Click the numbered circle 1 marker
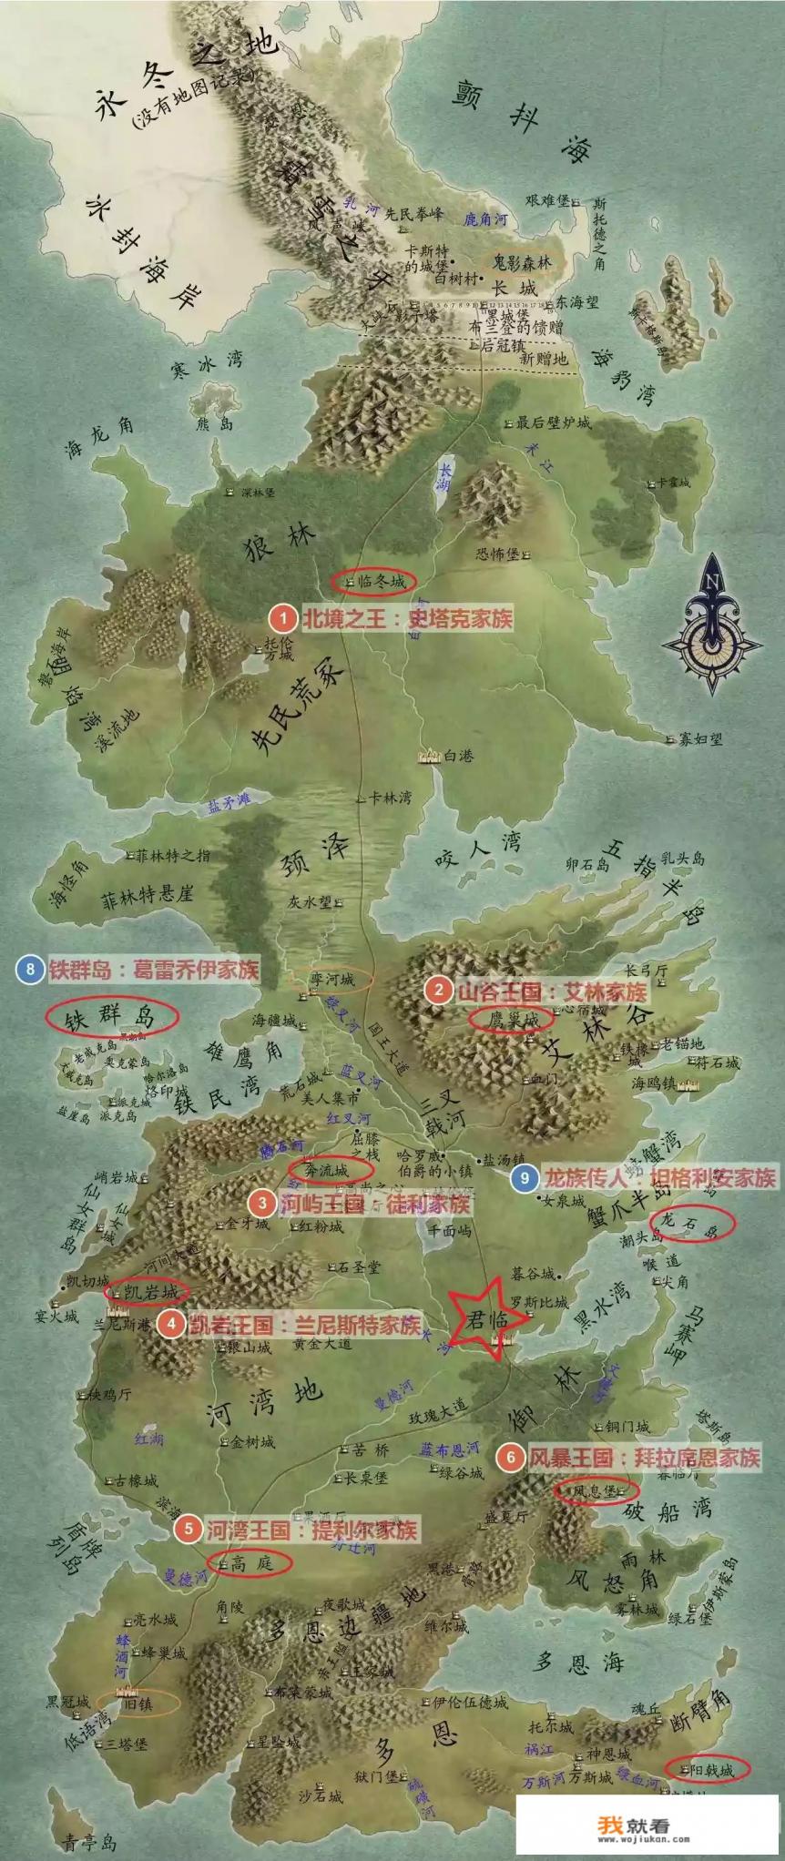tap(283, 619)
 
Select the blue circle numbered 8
tap(30, 969)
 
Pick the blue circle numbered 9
tap(524, 1178)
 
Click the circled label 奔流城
tap(330, 1170)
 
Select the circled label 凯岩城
tap(148, 1291)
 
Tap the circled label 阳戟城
tap(708, 1768)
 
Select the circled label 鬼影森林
tap(523, 261)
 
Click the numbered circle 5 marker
tap(189, 1528)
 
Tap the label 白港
tap(459, 756)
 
